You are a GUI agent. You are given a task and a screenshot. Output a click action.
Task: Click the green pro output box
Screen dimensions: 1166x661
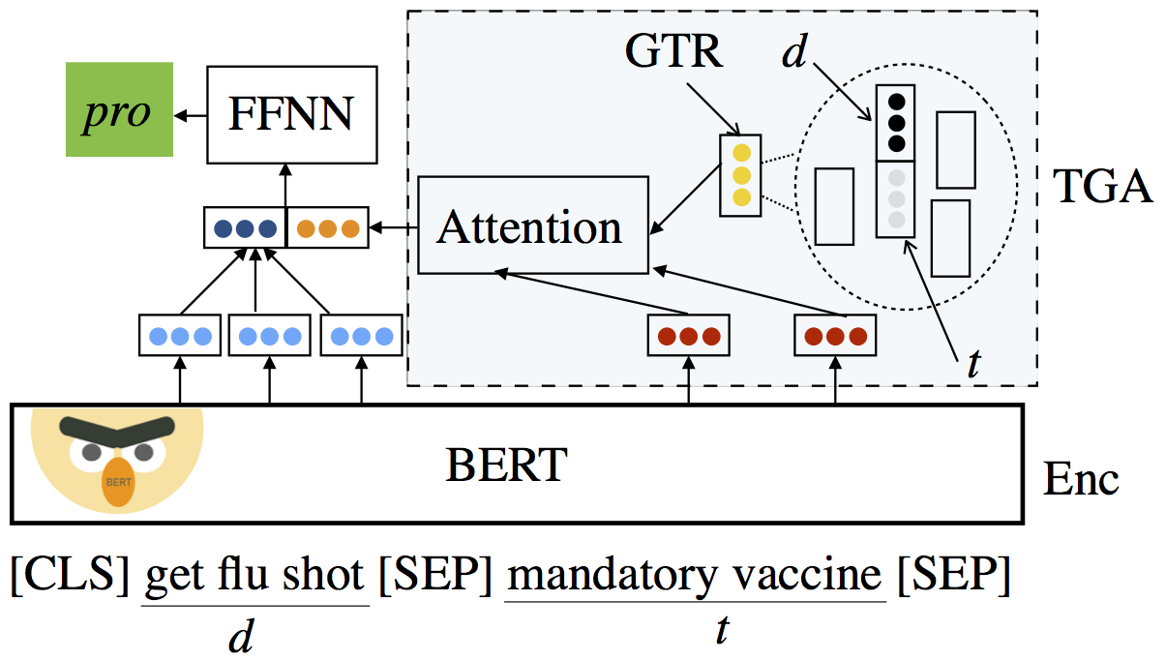[x=119, y=109]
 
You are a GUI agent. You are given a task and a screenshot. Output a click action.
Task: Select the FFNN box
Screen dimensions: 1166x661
[x=292, y=114]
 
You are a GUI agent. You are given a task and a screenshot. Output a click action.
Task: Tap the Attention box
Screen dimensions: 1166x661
[x=533, y=225]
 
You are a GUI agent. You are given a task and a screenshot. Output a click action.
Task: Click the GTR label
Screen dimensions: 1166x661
[x=673, y=51]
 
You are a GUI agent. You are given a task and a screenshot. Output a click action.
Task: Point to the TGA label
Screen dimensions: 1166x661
[x=1102, y=187]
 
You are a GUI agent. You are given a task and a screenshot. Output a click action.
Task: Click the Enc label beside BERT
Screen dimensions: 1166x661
[x=1081, y=479]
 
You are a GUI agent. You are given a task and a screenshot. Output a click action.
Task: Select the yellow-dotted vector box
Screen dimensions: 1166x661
[x=740, y=175]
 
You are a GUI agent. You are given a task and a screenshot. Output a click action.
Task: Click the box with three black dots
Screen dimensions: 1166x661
[x=896, y=123]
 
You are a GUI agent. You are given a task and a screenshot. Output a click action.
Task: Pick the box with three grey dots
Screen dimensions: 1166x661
[x=896, y=199]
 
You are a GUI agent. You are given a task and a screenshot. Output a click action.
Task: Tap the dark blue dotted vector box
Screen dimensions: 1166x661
[x=245, y=228]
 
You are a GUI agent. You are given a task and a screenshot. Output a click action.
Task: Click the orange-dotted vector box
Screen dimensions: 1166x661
[x=328, y=228]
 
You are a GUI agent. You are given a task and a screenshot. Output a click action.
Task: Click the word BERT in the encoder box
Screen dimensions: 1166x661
[x=506, y=465]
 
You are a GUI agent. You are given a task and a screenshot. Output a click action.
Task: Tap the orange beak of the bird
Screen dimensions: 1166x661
[x=118, y=481]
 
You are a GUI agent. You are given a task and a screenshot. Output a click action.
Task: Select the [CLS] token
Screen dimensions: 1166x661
[x=70, y=575]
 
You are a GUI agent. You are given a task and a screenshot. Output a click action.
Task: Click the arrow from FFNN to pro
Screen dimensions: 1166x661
[x=190, y=115]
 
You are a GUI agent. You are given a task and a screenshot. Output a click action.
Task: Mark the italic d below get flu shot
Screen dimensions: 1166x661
[x=241, y=636]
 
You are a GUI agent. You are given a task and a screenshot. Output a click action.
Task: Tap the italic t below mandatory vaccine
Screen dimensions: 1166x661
[x=722, y=630]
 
